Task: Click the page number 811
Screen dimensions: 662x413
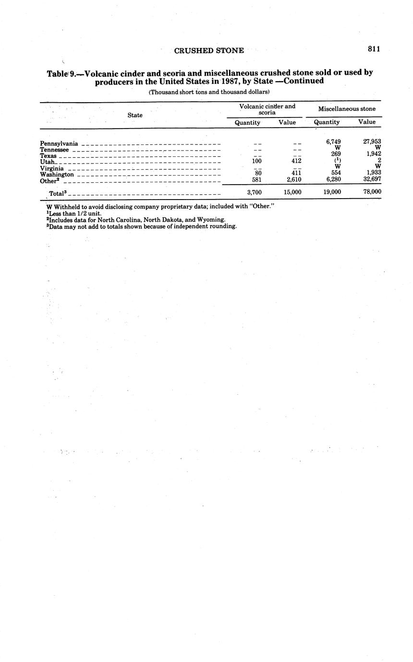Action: pos(374,48)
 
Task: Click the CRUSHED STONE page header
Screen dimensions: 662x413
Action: pos(209,50)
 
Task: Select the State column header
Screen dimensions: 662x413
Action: pos(135,115)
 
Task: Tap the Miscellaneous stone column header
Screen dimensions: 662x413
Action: pos(347,109)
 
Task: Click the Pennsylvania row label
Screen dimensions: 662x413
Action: pos(59,143)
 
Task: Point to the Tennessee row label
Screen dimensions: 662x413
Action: pos(54,150)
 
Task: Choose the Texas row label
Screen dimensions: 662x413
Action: pos(48,156)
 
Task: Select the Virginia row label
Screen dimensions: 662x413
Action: pos(52,168)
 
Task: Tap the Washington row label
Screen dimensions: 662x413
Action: pos(57,175)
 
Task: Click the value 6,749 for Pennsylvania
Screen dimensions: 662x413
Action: pos(333,142)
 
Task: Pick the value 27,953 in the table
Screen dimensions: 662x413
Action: pos(372,142)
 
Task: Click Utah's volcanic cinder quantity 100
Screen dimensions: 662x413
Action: pos(256,161)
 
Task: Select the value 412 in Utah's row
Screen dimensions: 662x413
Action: pos(296,161)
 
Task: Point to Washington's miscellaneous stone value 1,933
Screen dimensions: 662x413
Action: pos(373,173)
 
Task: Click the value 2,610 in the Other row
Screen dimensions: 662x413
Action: pos(292,179)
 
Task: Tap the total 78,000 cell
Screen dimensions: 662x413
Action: pos(372,192)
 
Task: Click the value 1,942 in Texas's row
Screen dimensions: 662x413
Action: pos(373,154)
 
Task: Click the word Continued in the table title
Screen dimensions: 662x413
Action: pos(305,81)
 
